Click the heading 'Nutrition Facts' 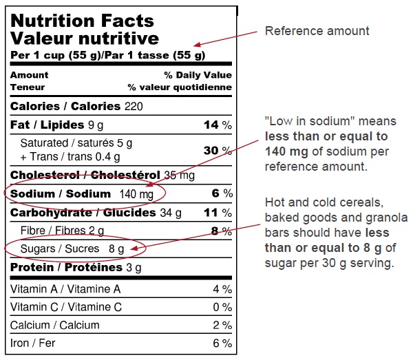tap(82, 21)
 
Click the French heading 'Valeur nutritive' tap(84, 38)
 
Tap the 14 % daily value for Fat tap(217, 125)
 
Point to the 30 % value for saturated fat tap(217, 150)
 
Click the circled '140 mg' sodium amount tap(136, 194)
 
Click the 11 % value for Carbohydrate tap(218, 213)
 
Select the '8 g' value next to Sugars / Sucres tap(116, 248)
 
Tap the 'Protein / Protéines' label tap(57, 267)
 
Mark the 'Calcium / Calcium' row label tap(54, 325)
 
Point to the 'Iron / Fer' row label tap(33, 343)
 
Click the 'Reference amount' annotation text tap(317, 31)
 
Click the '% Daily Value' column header tap(198, 75)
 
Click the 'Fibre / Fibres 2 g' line tap(62, 231)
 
